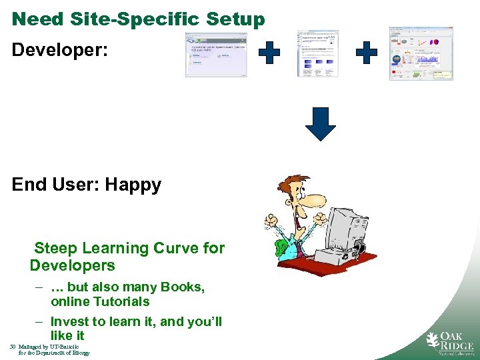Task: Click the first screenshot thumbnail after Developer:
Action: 215,55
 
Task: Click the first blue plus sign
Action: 269,53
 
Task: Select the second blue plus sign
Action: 366,53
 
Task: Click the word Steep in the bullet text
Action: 55,249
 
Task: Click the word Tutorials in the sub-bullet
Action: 118,301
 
